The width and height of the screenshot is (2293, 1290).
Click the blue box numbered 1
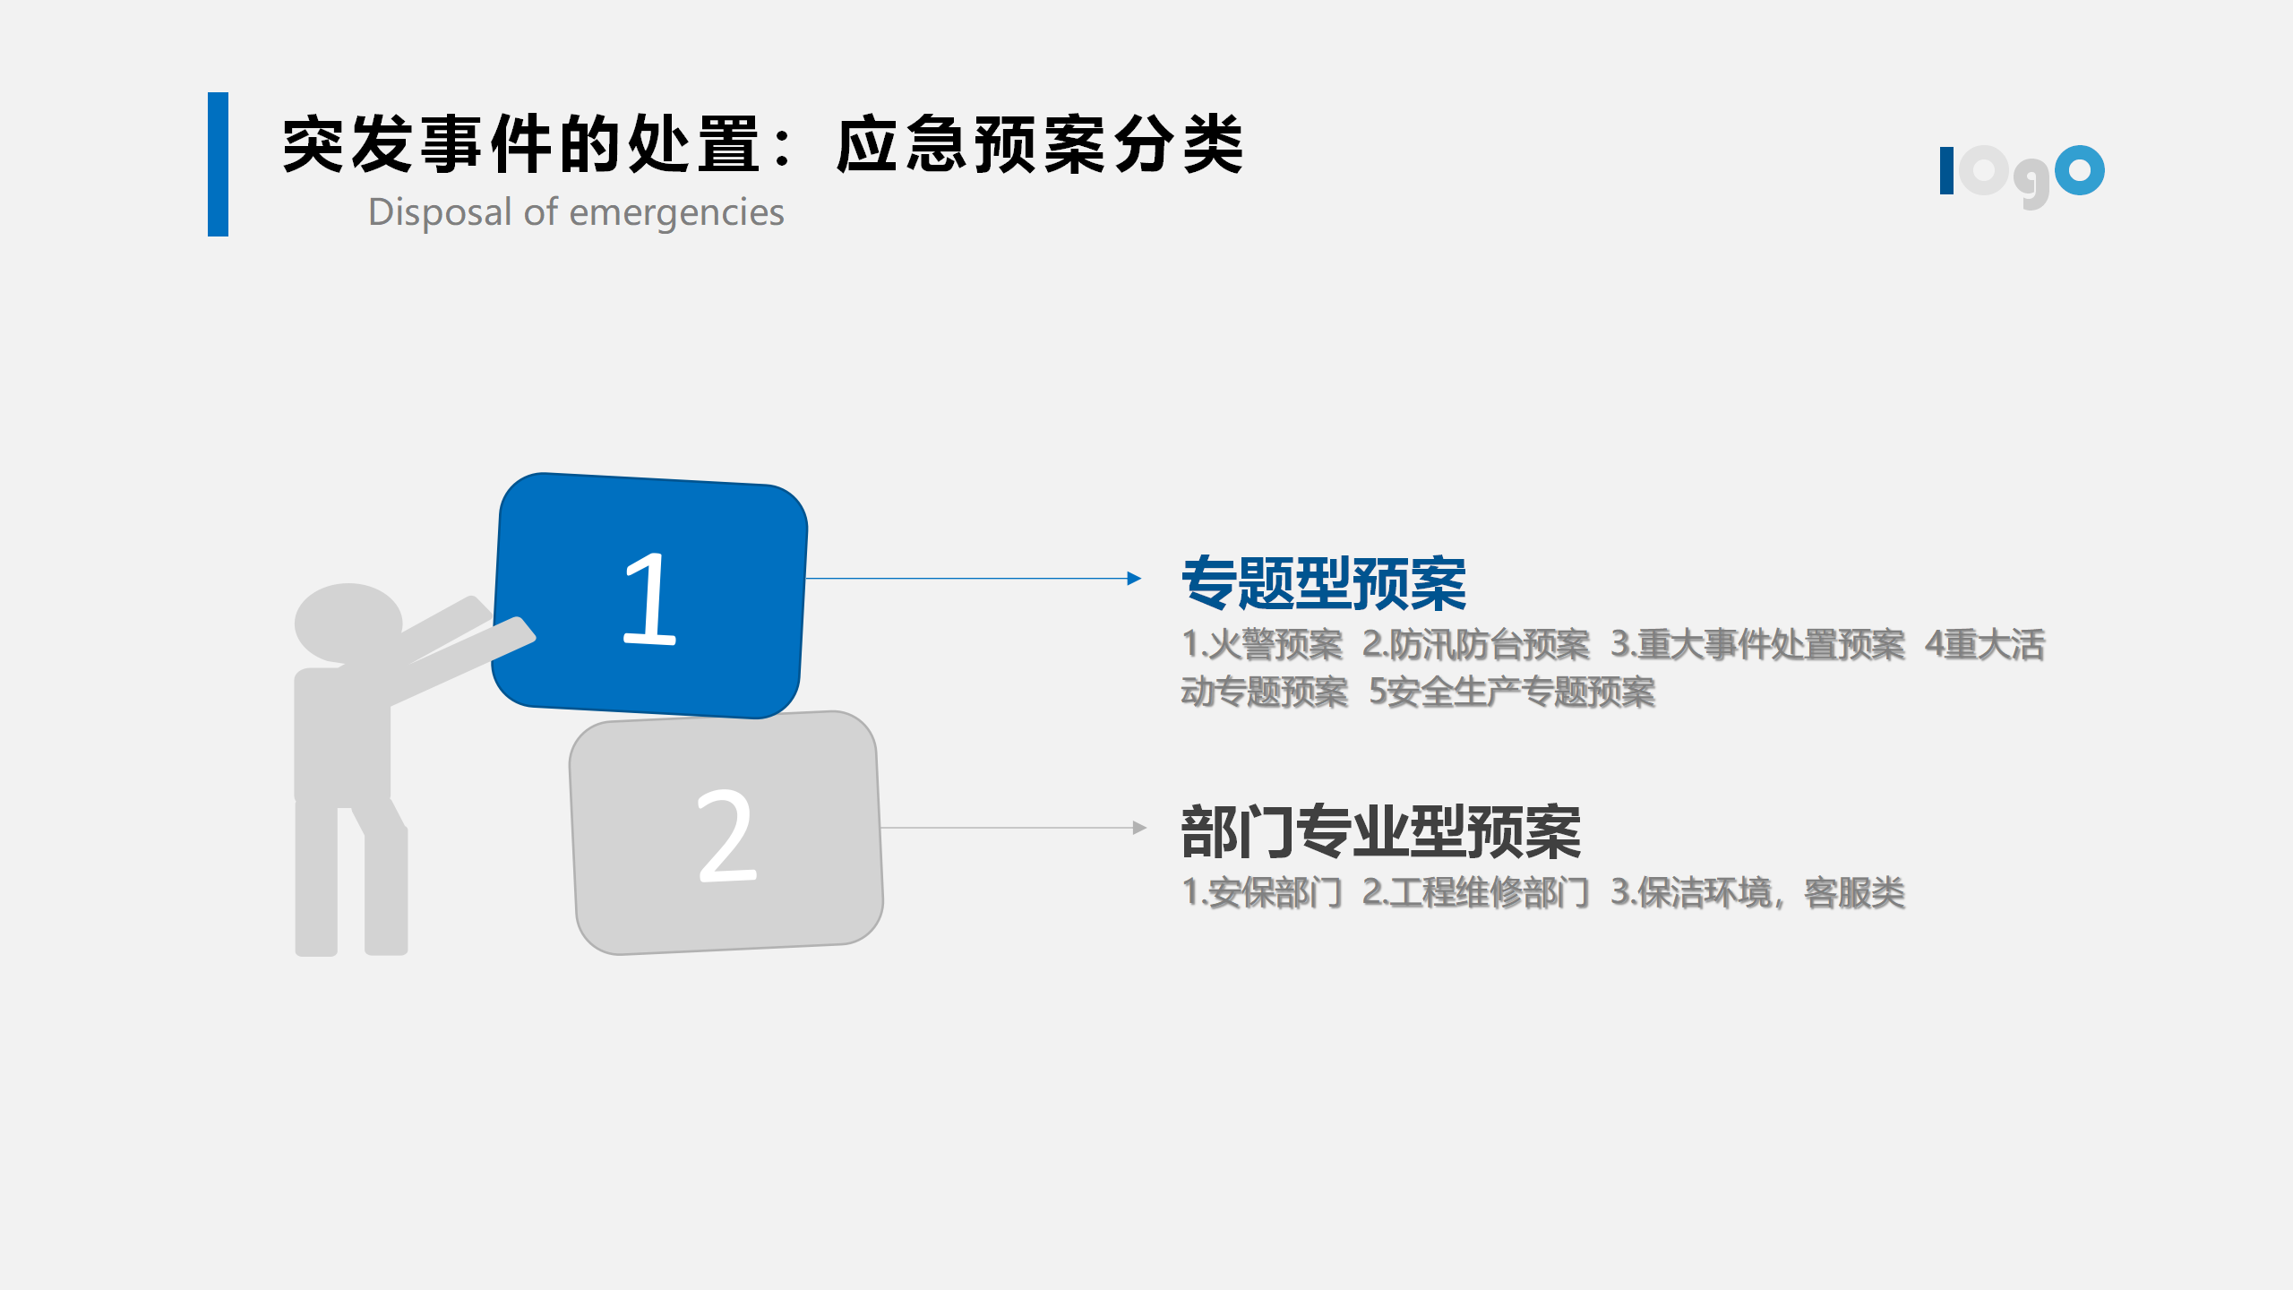tap(650, 596)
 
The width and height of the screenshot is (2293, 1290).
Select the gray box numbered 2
tap(726, 833)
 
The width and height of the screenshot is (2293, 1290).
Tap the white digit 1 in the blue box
tap(649, 598)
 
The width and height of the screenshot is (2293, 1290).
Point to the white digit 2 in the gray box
tap(726, 836)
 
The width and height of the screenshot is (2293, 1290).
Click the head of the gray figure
tap(348, 623)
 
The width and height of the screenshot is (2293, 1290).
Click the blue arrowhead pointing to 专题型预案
tap(1134, 579)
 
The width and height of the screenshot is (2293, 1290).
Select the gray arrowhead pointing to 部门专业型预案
tap(1139, 828)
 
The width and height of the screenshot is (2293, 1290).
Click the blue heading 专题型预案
tap(1324, 583)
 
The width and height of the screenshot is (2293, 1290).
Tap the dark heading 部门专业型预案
tap(1381, 832)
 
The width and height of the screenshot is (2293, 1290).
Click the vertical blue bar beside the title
tap(218, 164)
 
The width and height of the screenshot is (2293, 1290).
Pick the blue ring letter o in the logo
tap(2079, 170)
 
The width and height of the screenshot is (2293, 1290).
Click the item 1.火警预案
tap(1262, 644)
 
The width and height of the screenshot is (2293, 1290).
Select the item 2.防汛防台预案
tap(1476, 644)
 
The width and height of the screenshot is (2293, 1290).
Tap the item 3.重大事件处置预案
tap(1757, 644)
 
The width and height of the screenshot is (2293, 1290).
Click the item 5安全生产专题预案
tap(1512, 692)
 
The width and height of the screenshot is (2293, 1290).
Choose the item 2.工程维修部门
tap(1475, 892)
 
